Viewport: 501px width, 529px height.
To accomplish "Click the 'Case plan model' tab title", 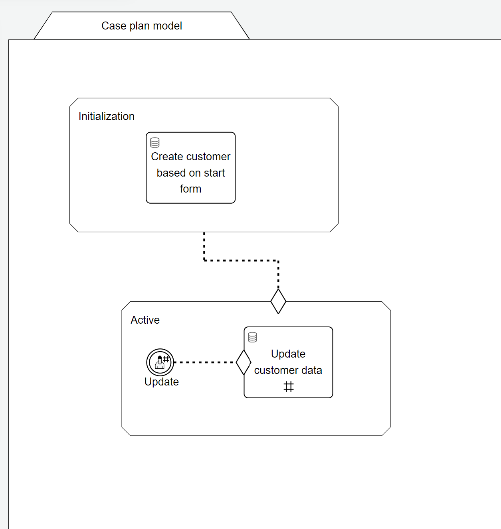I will (x=142, y=26).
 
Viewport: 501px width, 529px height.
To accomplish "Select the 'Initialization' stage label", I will (x=106, y=116).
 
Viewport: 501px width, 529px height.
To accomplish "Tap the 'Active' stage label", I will (x=145, y=320).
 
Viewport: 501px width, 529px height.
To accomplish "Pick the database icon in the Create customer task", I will (x=155, y=142).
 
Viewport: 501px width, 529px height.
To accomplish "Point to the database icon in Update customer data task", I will (x=253, y=337).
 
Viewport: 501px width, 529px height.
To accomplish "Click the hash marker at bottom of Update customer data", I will (x=289, y=387).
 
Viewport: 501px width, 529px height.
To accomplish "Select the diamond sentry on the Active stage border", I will (x=278, y=301).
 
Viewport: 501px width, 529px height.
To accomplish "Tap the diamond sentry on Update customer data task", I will (x=243, y=362).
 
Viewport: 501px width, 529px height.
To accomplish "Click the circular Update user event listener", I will (x=160, y=362).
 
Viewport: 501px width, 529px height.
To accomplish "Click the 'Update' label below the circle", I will (x=161, y=382).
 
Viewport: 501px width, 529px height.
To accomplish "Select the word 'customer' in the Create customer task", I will (x=210, y=157).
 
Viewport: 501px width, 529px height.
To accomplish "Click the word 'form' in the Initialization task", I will (x=190, y=189).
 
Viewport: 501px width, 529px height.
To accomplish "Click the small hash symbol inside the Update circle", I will (x=166, y=359).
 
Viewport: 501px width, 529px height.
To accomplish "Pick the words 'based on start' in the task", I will (x=190, y=173).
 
